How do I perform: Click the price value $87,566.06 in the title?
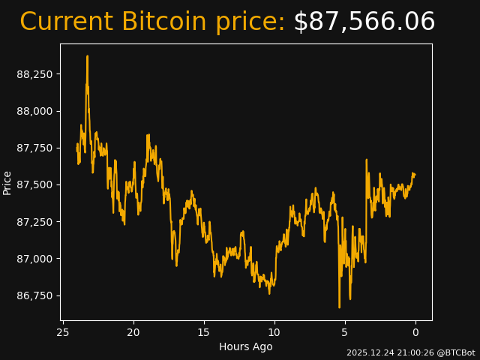364,22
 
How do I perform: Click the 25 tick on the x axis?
63,332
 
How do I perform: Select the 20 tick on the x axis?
133,332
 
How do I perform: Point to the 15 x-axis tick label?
204,332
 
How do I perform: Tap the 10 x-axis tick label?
274,332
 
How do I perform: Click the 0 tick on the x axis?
415,332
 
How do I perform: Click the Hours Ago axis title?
246,346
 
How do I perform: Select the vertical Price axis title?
7,182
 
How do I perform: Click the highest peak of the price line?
87,56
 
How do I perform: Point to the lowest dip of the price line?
339,307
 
